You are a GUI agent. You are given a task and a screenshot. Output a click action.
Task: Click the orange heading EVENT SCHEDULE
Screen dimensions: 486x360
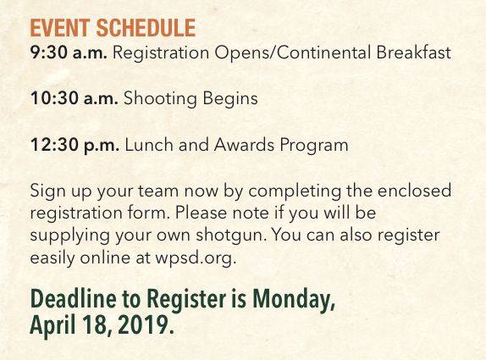[113, 28]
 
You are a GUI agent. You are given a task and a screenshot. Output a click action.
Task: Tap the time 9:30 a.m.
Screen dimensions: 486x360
[69, 53]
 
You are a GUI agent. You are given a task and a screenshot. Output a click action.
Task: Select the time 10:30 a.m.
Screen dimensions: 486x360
[74, 98]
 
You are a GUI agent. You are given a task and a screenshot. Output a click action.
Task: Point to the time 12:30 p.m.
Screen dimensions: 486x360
[75, 145]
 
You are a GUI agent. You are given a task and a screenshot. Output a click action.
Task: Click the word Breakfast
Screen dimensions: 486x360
[413, 52]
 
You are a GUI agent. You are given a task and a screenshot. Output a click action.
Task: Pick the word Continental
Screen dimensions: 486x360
[323, 52]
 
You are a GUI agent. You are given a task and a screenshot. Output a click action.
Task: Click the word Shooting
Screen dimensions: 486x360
[160, 98]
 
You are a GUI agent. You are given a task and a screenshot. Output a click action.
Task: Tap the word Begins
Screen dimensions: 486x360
[230, 99]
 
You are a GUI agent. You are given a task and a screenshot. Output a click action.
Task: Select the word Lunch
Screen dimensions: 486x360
[149, 145]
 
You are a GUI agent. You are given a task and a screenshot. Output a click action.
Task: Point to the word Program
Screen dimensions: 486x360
[314, 146]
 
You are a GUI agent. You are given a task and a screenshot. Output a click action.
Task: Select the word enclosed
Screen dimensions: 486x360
[414, 191]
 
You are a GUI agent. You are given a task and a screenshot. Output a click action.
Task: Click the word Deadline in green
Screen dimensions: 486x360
[73, 298]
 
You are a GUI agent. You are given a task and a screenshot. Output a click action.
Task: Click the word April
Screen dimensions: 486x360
[52, 325]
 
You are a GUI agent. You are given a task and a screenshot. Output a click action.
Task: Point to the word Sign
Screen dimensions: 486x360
[48, 191]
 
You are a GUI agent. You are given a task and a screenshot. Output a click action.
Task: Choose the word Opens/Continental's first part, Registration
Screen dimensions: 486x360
[161, 53]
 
